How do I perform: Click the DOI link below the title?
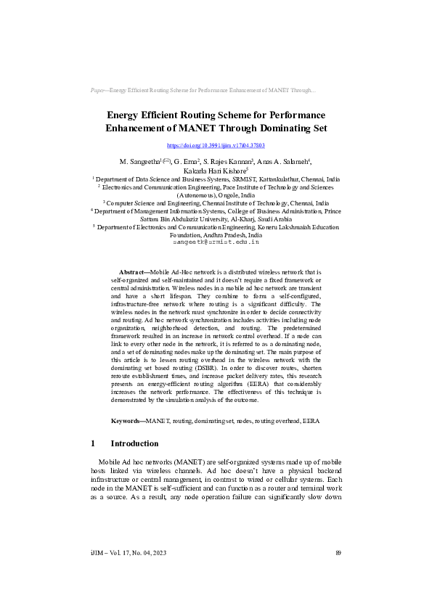click(216, 146)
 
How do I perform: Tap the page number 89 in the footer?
click(338, 553)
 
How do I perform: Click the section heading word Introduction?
click(134, 443)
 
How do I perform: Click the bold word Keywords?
click(127, 420)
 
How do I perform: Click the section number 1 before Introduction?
click(93, 443)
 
